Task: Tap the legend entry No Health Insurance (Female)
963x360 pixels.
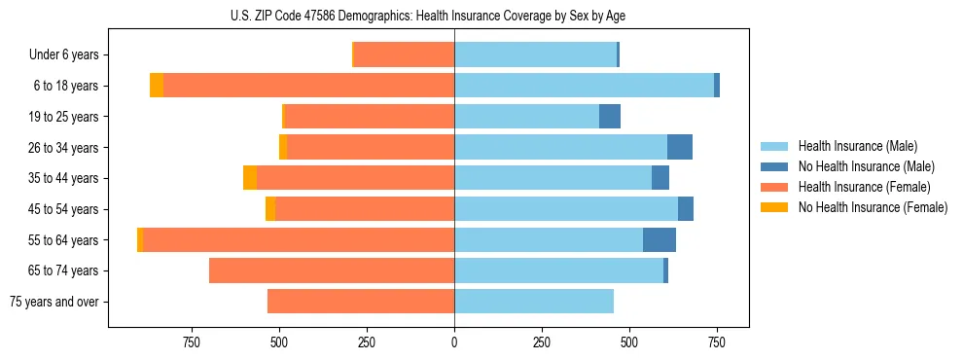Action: click(x=873, y=207)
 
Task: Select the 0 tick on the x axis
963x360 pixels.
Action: click(x=454, y=342)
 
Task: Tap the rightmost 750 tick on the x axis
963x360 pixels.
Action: click(x=717, y=342)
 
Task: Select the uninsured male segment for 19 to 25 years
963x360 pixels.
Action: click(x=610, y=117)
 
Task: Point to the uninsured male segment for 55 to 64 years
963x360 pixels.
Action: click(x=660, y=240)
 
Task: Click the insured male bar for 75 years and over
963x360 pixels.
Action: click(x=534, y=302)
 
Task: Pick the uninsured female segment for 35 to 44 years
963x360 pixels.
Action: click(x=250, y=178)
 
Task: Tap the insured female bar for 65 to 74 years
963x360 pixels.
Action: click(x=332, y=270)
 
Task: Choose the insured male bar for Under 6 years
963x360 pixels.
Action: click(x=535, y=55)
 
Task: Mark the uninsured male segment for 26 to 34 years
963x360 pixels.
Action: click(x=680, y=148)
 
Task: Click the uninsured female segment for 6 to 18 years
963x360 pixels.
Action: click(x=157, y=86)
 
